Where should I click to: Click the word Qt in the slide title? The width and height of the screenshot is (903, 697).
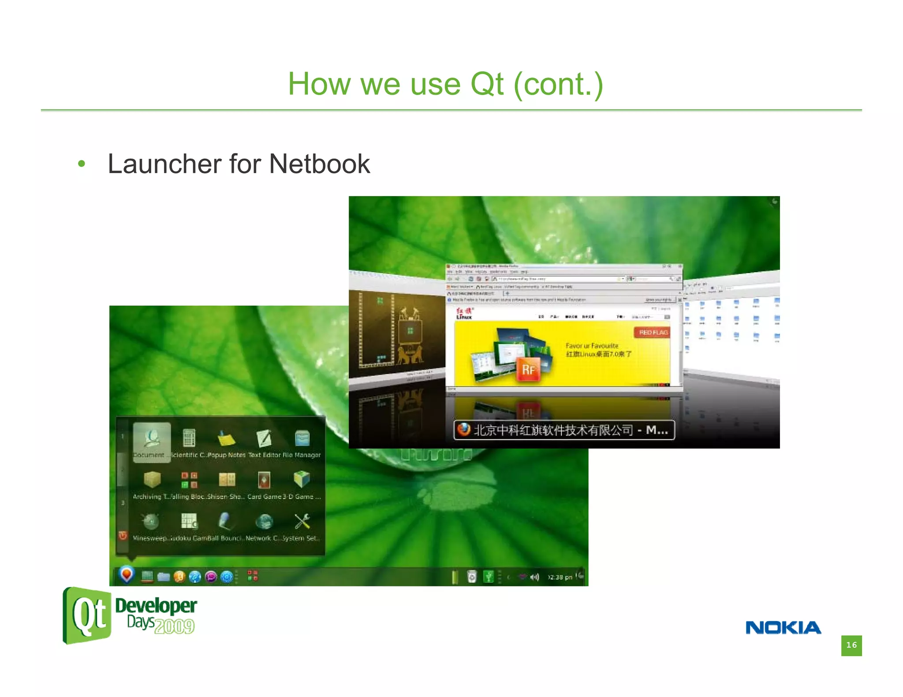click(487, 84)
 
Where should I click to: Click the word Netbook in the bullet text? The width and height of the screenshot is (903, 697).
click(319, 164)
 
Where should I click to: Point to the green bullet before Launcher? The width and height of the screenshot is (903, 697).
click(81, 164)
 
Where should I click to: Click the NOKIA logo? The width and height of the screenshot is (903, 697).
click(783, 627)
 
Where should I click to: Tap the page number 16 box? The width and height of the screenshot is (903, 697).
click(851, 645)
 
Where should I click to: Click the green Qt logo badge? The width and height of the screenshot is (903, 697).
click(87, 615)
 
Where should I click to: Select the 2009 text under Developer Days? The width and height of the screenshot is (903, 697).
click(175, 626)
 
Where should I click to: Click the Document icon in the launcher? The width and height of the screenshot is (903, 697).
click(152, 438)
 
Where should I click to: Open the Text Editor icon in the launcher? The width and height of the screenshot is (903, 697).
click(264, 438)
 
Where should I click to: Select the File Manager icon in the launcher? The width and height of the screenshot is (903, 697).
click(302, 438)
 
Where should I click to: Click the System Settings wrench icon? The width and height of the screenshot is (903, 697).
click(302, 522)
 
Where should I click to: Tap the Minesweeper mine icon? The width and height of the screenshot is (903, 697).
click(151, 522)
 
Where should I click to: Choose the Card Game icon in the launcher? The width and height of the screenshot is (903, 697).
click(264, 479)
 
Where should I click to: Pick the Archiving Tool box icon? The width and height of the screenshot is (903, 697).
click(152, 479)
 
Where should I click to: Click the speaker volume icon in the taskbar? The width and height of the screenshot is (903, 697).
click(535, 577)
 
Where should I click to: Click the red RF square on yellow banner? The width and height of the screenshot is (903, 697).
click(528, 369)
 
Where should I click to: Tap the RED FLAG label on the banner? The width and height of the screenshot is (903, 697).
click(653, 332)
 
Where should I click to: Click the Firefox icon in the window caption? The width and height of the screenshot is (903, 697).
click(463, 429)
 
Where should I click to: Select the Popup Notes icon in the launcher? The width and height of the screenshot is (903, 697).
click(227, 438)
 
